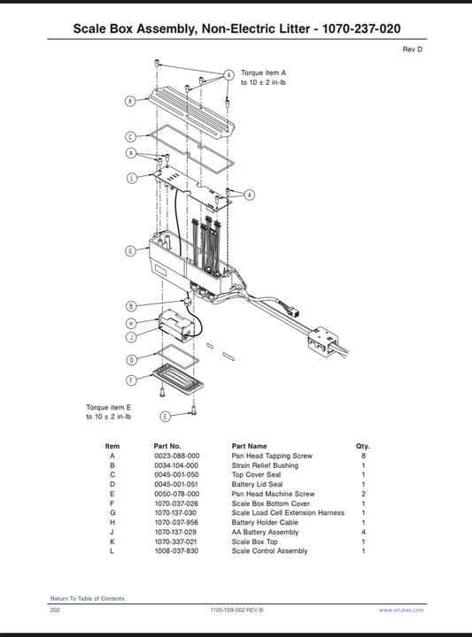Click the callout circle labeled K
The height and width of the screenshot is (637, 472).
(x=130, y=101)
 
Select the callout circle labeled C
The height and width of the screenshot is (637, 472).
(x=130, y=136)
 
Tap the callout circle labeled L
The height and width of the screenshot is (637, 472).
(x=132, y=178)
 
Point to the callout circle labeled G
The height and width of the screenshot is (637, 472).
(x=130, y=251)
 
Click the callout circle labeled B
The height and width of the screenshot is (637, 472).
(x=131, y=306)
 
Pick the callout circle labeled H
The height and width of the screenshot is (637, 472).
(x=131, y=324)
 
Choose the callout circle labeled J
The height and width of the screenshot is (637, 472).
(x=131, y=337)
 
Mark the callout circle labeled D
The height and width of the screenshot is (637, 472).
(x=131, y=360)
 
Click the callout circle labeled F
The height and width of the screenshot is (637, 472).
(x=131, y=380)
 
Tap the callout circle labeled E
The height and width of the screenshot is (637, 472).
(x=165, y=417)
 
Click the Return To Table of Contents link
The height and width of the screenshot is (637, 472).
(x=88, y=598)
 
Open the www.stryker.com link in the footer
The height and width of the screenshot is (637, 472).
(x=401, y=610)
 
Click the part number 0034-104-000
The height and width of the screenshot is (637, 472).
(x=176, y=465)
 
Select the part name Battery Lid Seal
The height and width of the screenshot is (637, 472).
(x=257, y=484)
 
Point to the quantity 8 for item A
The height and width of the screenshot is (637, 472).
(x=363, y=456)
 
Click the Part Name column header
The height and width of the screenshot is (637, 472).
(x=249, y=446)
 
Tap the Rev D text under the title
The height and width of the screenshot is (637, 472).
(x=413, y=50)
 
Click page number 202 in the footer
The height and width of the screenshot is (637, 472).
(x=55, y=610)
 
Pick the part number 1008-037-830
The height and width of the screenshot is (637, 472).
(x=176, y=551)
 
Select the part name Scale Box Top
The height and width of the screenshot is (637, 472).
(x=254, y=541)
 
